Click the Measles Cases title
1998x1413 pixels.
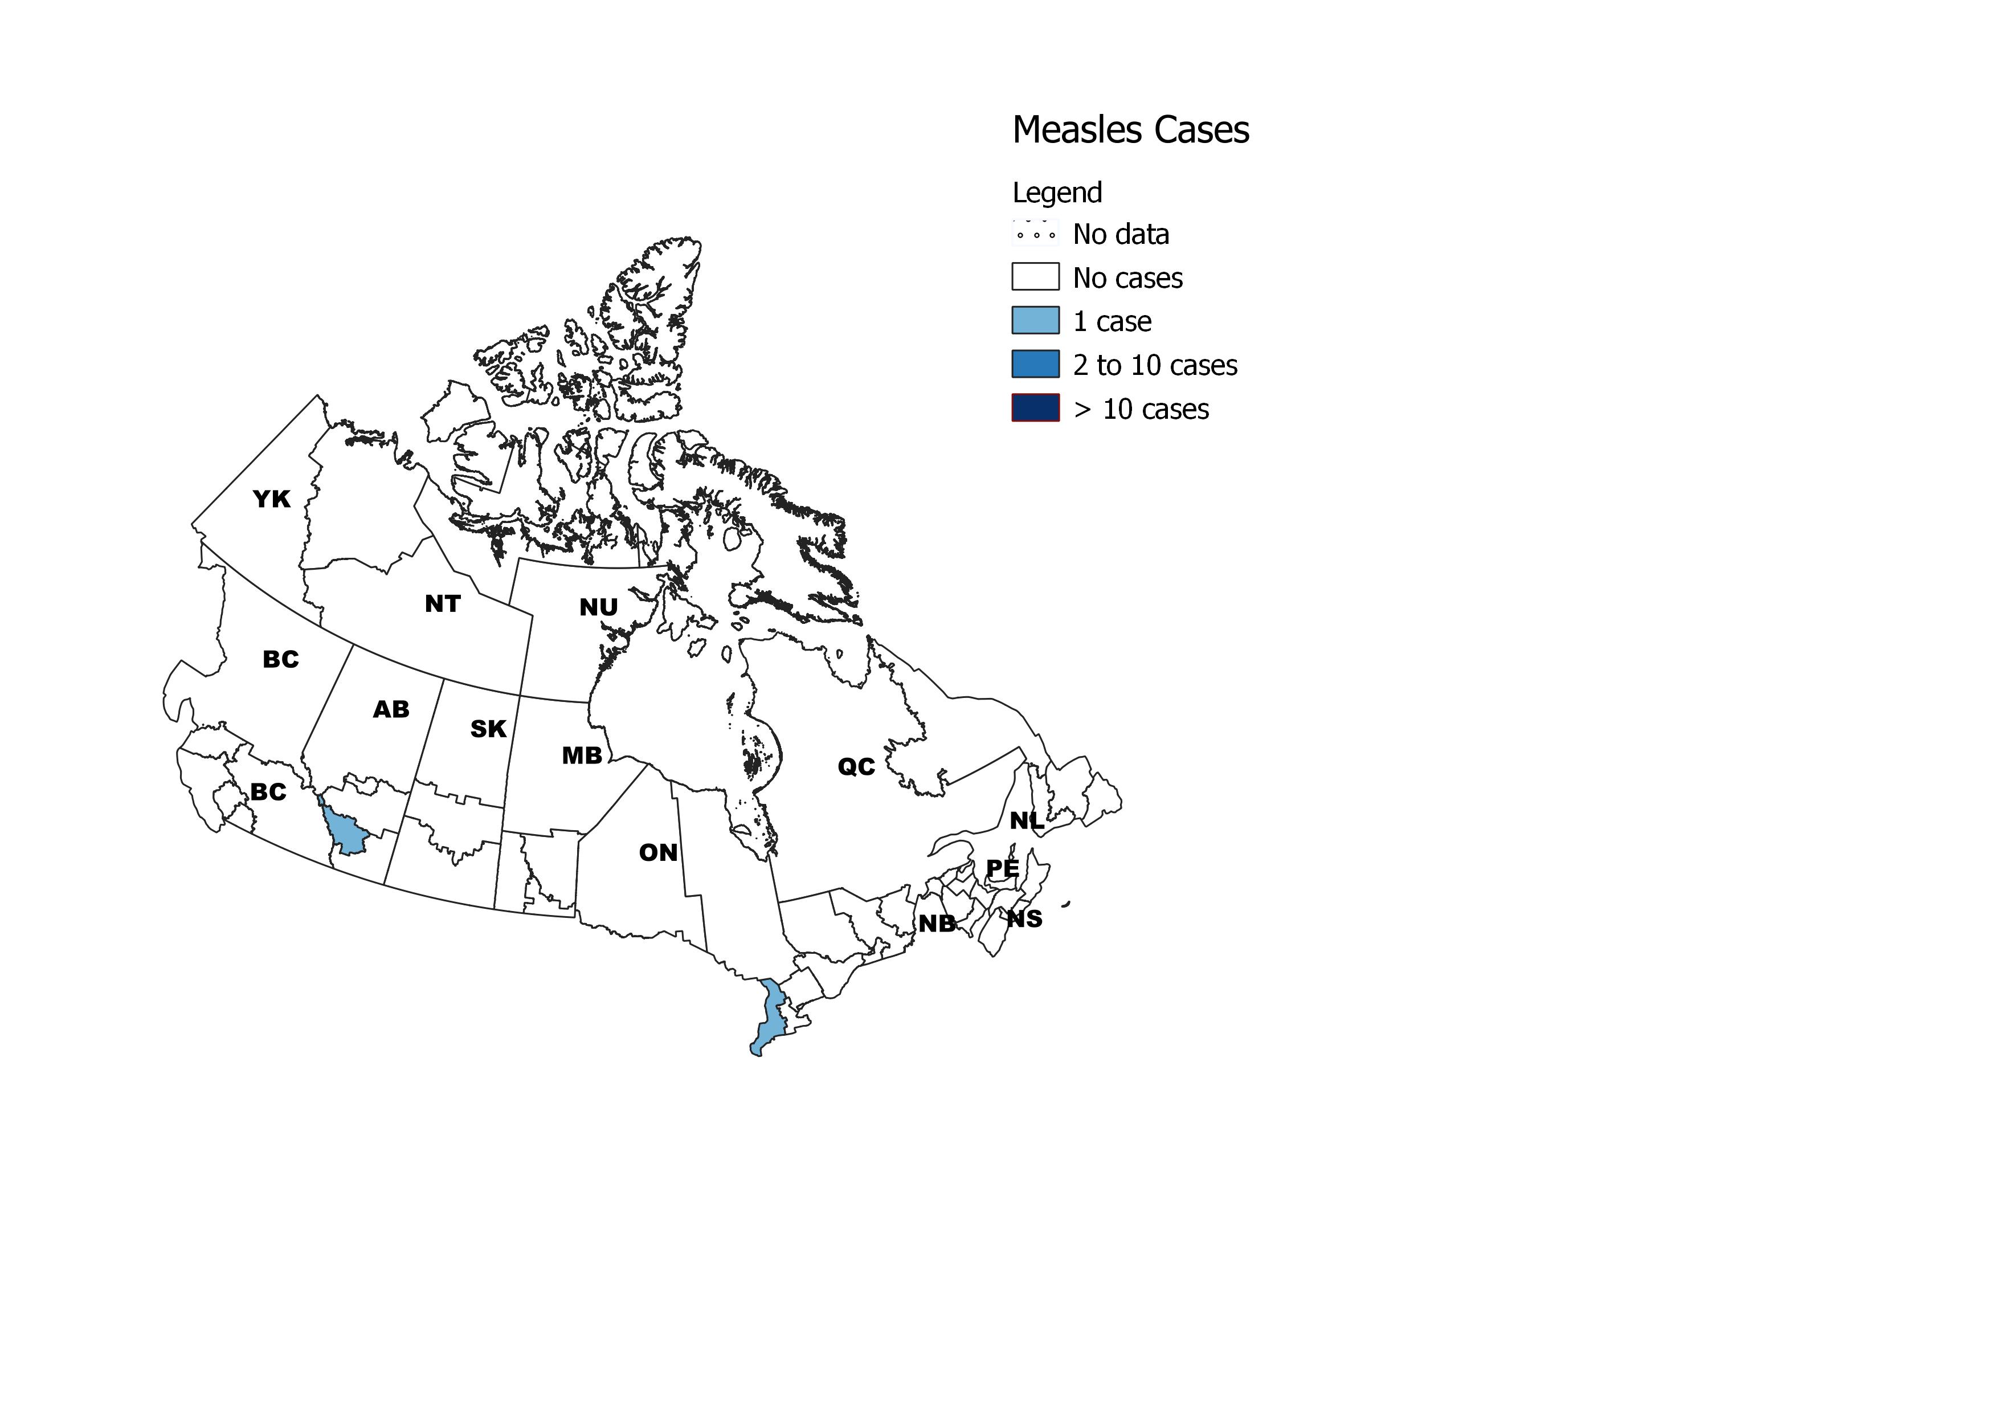pyautogui.click(x=1130, y=130)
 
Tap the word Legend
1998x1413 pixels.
pyautogui.click(x=1056, y=192)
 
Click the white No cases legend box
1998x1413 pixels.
pyautogui.click(x=1035, y=277)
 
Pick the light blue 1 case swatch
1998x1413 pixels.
pyautogui.click(x=1035, y=320)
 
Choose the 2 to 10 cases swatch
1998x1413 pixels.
pyautogui.click(x=1035, y=364)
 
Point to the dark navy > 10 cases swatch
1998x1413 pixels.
pyautogui.click(x=1035, y=408)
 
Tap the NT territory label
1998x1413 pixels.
pyautogui.click(x=442, y=604)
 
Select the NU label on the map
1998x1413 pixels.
pyautogui.click(x=599, y=607)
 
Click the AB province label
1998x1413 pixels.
pyautogui.click(x=391, y=710)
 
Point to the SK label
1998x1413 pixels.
pyautogui.click(x=488, y=729)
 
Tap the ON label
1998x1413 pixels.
pyautogui.click(x=658, y=853)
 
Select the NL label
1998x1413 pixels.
pyautogui.click(x=1027, y=820)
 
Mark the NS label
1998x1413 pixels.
pyautogui.click(x=1024, y=919)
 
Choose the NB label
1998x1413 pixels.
pyautogui.click(x=937, y=923)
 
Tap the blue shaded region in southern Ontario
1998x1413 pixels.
pyautogui.click(x=767, y=1018)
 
